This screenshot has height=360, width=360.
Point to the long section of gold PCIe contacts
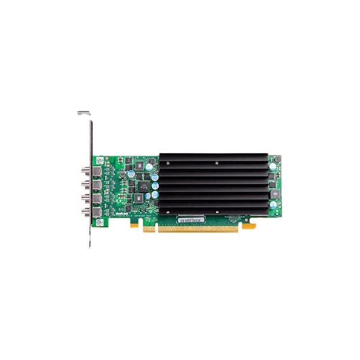197,229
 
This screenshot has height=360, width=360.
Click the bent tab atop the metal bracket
83,112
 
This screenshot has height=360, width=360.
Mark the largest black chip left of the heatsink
142,187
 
